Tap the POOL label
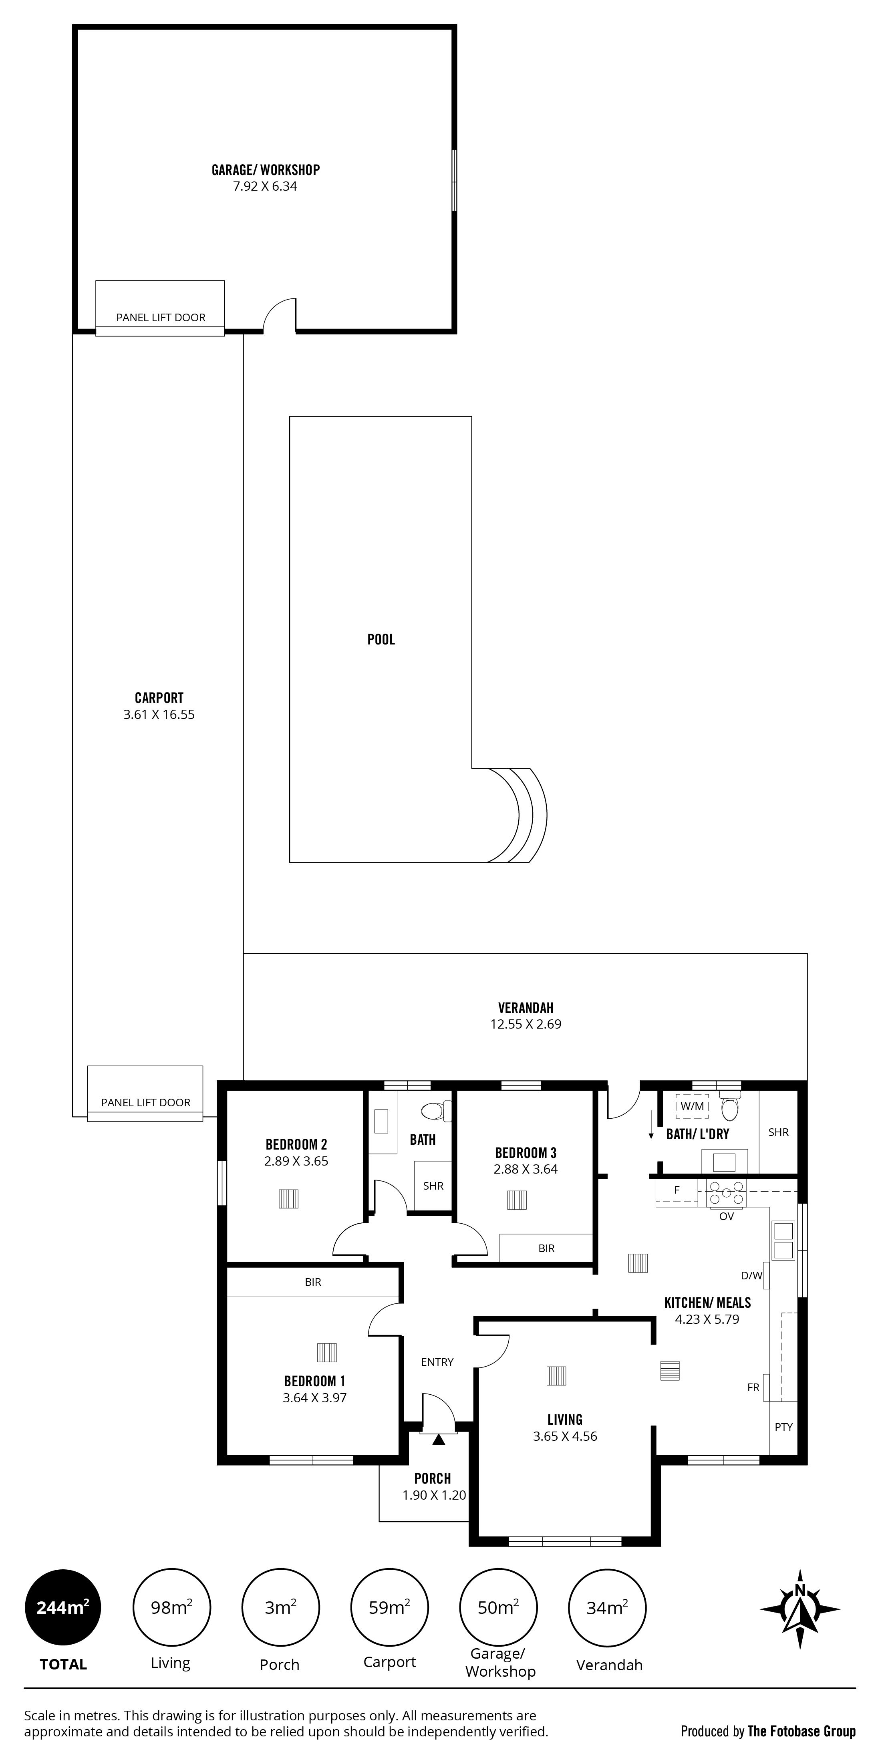[x=381, y=640]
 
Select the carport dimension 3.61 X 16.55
[x=159, y=714]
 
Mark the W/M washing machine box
[x=693, y=1106]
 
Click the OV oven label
[x=727, y=1216]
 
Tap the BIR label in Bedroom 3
[x=546, y=1248]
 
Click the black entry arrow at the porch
[x=438, y=1440]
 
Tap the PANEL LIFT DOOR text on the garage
[x=161, y=317]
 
